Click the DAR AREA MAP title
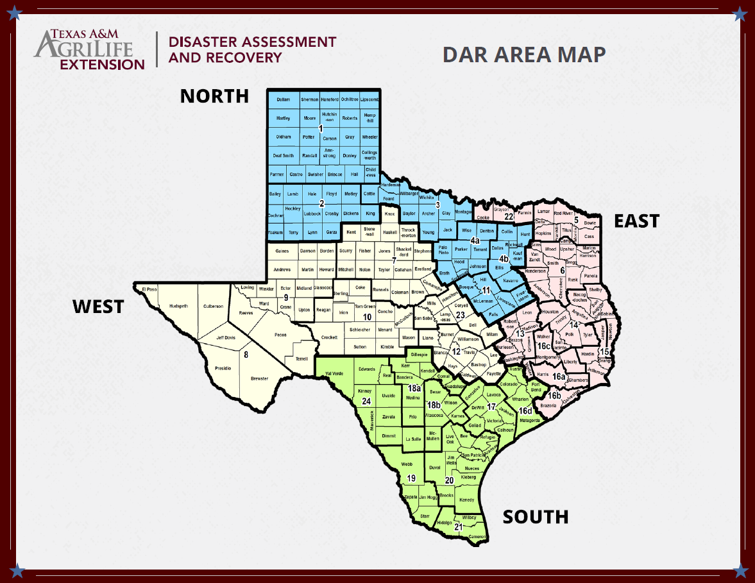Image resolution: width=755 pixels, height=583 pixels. pyautogui.click(x=524, y=55)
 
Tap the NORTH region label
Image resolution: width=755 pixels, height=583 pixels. pyautogui.click(x=214, y=96)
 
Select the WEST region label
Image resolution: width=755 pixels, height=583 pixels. pyautogui.click(x=98, y=307)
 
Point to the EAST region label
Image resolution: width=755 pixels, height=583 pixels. pyautogui.click(x=636, y=221)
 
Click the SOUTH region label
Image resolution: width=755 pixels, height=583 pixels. pyautogui.click(x=536, y=517)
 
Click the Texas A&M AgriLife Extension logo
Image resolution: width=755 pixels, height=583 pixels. pyautogui.click(x=90, y=49)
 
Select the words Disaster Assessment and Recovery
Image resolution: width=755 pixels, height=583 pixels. pyautogui.click(x=251, y=49)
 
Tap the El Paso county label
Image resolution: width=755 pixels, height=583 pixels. pyautogui.click(x=149, y=289)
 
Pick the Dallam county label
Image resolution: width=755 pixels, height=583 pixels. pyautogui.click(x=283, y=100)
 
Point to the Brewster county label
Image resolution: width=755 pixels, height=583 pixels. pyautogui.click(x=259, y=378)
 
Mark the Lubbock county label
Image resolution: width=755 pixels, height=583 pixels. pyautogui.click(x=312, y=213)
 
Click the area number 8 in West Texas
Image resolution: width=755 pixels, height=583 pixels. pyautogui.click(x=245, y=354)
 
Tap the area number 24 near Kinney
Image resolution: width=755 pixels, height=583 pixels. pyautogui.click(x=366, y=401)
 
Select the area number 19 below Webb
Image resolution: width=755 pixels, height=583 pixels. pyautogui.click(x=411, y=478)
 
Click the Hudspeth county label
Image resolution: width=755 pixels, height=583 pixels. pyautogui.click(x=179, y=306)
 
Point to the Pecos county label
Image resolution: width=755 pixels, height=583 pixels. pyautogui.click(x=280, y=335)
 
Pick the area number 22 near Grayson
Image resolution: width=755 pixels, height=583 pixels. pyautogui.click(x=509, y=216)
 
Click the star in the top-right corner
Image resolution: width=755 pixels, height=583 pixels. pyautogui.click(x=740, y=13)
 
